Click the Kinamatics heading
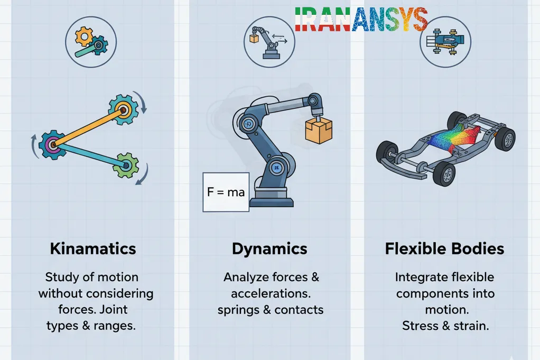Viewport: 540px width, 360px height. coord(93,249)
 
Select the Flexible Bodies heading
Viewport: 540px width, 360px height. coord(444,249)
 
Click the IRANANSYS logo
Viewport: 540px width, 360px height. coord(361,19)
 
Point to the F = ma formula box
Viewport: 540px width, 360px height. coord(226,192)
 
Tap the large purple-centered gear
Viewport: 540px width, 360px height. coord(53,144)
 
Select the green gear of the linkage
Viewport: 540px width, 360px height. coord(126,165)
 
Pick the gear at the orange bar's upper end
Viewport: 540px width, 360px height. coord(123,109)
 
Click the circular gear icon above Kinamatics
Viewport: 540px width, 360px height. coord(91,42)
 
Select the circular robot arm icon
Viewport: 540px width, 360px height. coord(269,42)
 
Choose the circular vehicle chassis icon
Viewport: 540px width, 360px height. coord(445,41)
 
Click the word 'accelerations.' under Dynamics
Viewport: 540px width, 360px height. coord(271,293)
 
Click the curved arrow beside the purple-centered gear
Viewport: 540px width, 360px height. coord(34,146)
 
